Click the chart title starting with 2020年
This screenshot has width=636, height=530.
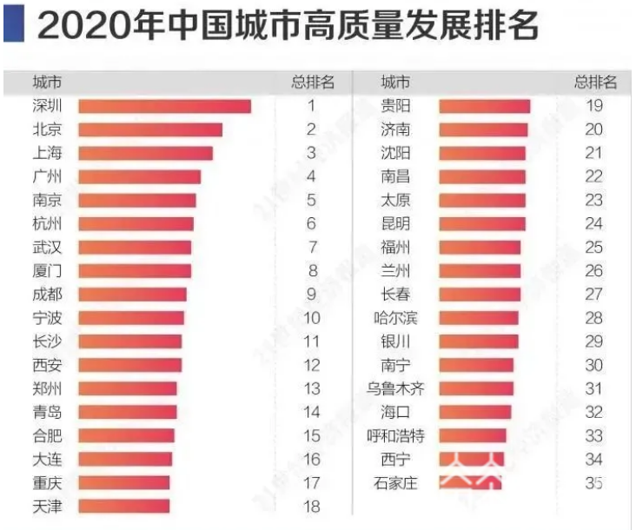tap(288, 27)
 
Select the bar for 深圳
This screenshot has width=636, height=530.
tap(164, 106)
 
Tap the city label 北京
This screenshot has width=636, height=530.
tap(46, 129)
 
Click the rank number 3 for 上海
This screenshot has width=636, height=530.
tap(310, 153)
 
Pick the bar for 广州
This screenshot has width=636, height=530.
tap(139, 176)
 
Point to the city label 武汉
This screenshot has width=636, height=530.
tap(46, 247)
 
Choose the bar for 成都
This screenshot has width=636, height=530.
tap(132, 294)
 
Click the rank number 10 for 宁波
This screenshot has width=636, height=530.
tap(310, 318)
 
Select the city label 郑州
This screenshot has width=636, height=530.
tap(46, 388)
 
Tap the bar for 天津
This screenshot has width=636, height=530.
tap(123, 506)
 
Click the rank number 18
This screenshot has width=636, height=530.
tap(310, 506)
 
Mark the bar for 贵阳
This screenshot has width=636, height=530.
tap(484, 106)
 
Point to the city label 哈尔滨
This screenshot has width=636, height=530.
tap(395, 318)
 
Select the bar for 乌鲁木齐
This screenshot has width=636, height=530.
tap(476, 388)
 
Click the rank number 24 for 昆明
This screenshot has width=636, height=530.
tap(593, 223)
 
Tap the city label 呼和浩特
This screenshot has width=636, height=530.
tap(395, 435)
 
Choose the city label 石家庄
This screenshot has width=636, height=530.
tap(395, 482)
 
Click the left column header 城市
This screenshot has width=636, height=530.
tap(46, 83)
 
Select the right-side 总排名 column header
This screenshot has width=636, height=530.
tap(595, 83)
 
